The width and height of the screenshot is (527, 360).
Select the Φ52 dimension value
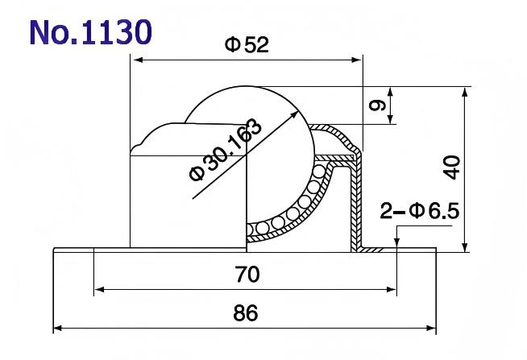[x=246, y=46]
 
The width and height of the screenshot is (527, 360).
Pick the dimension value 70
[x=247, y=275]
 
